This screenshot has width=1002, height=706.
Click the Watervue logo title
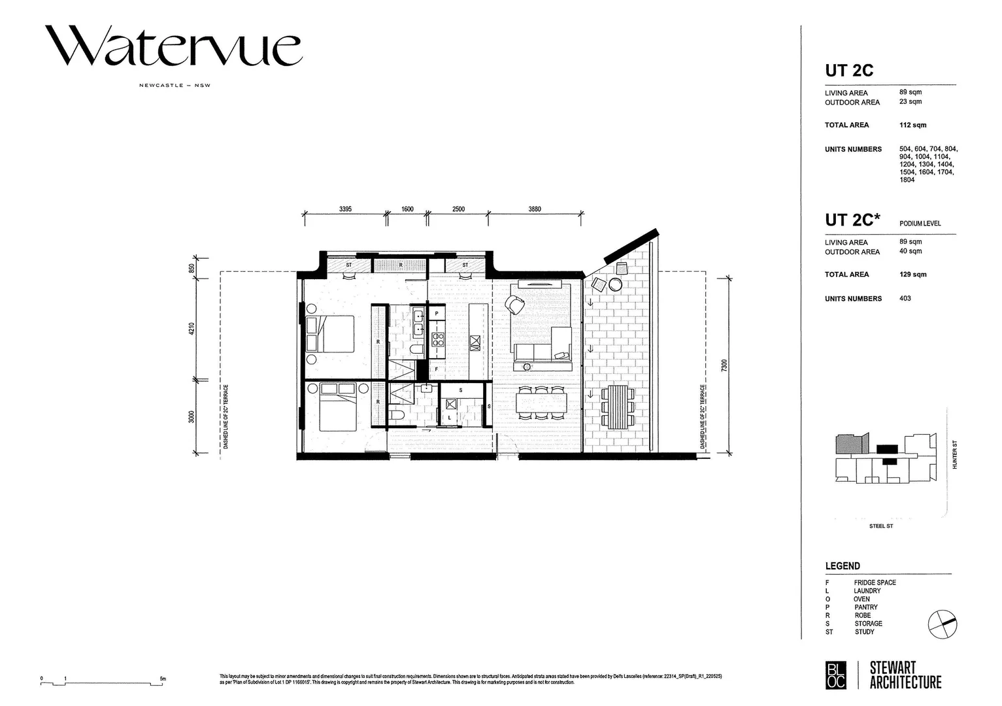(x=173, y=46)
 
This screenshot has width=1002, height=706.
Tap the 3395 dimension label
(x=345, y=209)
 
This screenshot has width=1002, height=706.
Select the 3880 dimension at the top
(x=534, y=209)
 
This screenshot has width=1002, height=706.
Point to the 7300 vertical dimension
(x=724, y=365)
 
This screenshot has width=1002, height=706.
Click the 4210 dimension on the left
(x=192, y=329)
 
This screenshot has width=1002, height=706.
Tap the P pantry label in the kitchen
(x=437, y=314)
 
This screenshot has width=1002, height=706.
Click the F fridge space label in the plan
(x=437, y=369)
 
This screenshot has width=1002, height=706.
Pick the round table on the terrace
(x=615, y=284)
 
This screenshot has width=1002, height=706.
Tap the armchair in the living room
(x=515, y=305)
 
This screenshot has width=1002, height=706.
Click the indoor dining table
(x=542, y=402)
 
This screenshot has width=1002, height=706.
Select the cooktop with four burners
(x=437, y=339)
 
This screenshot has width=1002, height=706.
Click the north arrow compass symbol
(x=942, y=624)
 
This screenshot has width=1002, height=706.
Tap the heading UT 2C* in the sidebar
(x=852, y=220)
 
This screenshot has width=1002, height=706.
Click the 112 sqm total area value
(x=912, y=125)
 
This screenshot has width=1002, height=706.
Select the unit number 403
(x=905, y=299)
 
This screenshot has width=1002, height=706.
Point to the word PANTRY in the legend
(x=865, y=607)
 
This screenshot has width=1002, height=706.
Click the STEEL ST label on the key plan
(x=880, y=526)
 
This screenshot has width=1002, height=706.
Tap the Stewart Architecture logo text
(x=905, y=675)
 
